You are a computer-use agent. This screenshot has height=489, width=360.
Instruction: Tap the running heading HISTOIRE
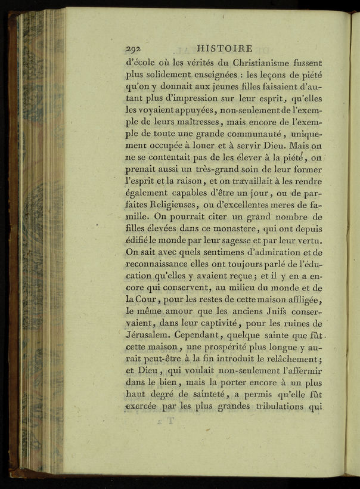(x=224, y=48)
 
